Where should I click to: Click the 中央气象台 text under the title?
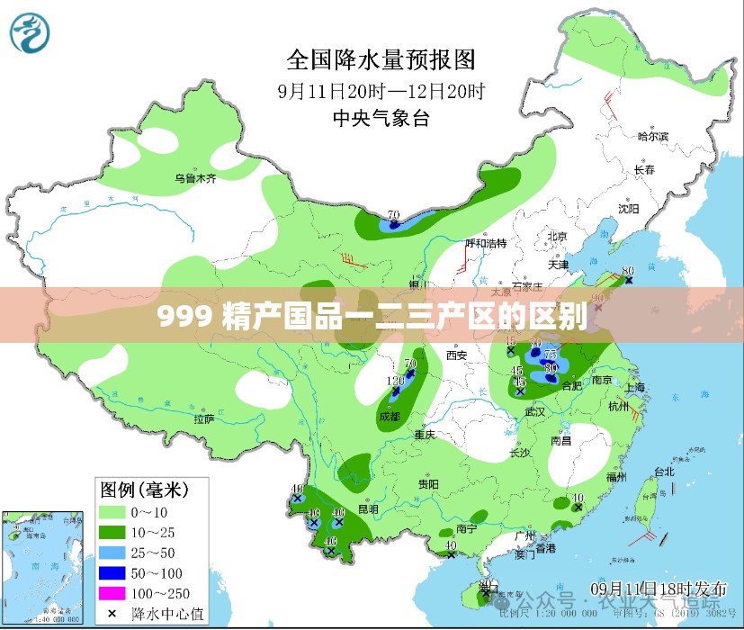[381, 118]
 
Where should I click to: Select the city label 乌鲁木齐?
[195, 178]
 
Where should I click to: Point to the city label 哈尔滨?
[653, 137]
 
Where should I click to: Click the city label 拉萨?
[204, 418]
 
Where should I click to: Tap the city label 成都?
[389, 417]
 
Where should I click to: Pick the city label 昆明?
[368, 508]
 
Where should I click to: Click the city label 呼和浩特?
[485, 243]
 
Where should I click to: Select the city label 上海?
[633, 387]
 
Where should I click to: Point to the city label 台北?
[663, 472]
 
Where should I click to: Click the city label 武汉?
[535, 411]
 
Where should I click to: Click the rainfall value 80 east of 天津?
[627, 271]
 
